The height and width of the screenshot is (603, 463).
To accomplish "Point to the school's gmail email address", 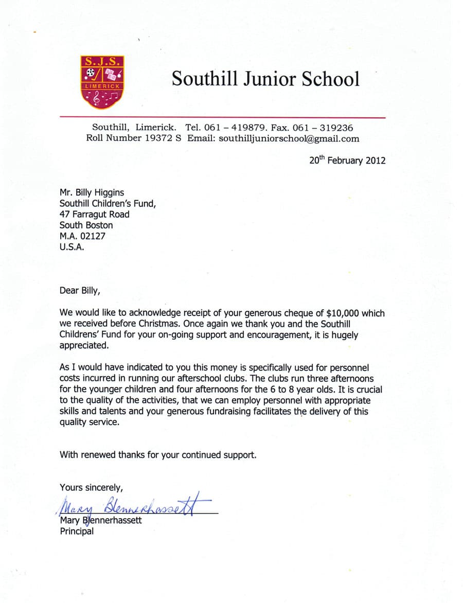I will point(289,138).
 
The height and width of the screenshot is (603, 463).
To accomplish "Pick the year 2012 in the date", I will point(375,160).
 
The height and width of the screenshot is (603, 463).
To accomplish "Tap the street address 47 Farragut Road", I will point(95,214).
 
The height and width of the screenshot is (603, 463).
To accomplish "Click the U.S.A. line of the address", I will point(71,246).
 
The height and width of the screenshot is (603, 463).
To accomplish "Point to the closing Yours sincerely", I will point(91,487).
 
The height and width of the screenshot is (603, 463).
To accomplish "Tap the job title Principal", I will point(77,531).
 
